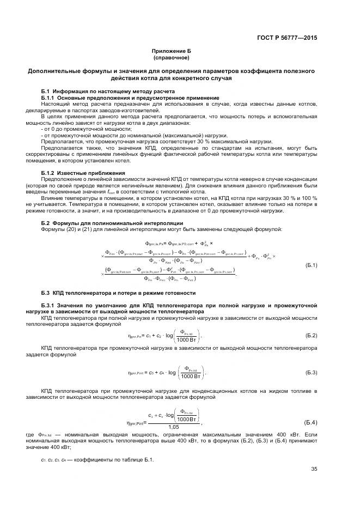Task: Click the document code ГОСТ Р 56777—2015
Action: (286, 38)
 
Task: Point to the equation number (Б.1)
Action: (311, 265)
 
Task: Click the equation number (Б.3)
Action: (311, 373)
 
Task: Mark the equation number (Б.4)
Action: (311, 422)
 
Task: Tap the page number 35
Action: (314, 469)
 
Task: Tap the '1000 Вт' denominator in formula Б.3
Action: (192, 376)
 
